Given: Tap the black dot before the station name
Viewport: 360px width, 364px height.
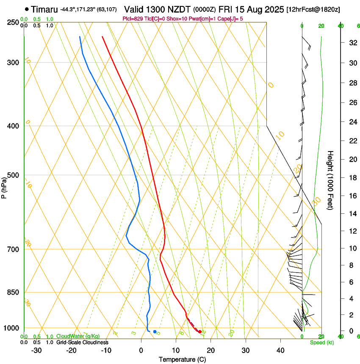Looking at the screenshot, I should pos(27,9).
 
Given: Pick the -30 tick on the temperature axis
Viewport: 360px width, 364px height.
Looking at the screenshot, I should pos(36,350).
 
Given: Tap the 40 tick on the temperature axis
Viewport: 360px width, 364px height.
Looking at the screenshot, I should pos(280,350).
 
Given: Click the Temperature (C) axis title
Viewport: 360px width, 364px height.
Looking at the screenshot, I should pos(182,359).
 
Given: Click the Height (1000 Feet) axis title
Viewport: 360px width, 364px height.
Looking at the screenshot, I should pos(331,180).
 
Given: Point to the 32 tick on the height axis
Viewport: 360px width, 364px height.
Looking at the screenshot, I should pos(352,43).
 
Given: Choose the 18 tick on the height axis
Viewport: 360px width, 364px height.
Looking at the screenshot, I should pos(352,178).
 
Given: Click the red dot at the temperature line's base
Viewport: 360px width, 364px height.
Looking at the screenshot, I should pos(200,331).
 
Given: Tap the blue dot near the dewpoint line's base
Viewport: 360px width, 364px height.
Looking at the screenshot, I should pos(155,331).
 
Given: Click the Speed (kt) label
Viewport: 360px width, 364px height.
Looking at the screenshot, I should pos(320,342).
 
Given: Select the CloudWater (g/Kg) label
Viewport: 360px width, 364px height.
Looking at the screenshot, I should pos(78,336).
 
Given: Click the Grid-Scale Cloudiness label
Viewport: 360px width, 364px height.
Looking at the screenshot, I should pos(82,342).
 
